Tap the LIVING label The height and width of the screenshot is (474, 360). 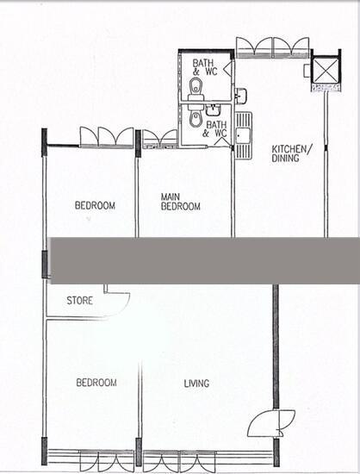[196, 383]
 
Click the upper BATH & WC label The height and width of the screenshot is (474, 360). [205, 67]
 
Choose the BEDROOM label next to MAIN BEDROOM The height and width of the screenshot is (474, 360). [95, 205]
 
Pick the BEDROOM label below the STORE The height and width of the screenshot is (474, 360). [96, 382]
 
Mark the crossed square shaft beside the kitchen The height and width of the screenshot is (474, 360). [325, 72]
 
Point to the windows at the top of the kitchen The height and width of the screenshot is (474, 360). [273, 47]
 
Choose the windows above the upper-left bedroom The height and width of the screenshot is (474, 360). [107, 136]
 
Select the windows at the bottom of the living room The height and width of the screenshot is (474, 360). [207, 459]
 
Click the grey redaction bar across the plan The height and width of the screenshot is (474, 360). [205, 260]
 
